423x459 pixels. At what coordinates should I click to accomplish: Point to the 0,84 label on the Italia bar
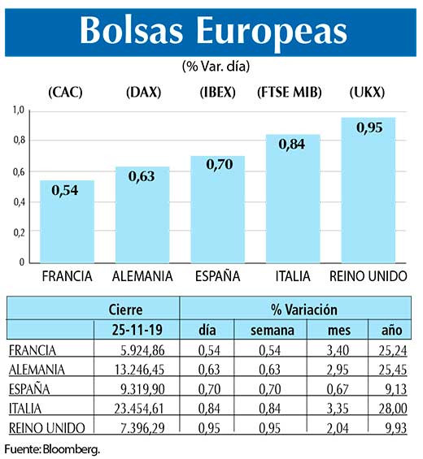[292, 145]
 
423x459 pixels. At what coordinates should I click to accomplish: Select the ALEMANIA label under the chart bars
[142, 276]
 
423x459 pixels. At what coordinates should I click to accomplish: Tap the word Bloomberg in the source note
[73, 449]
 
